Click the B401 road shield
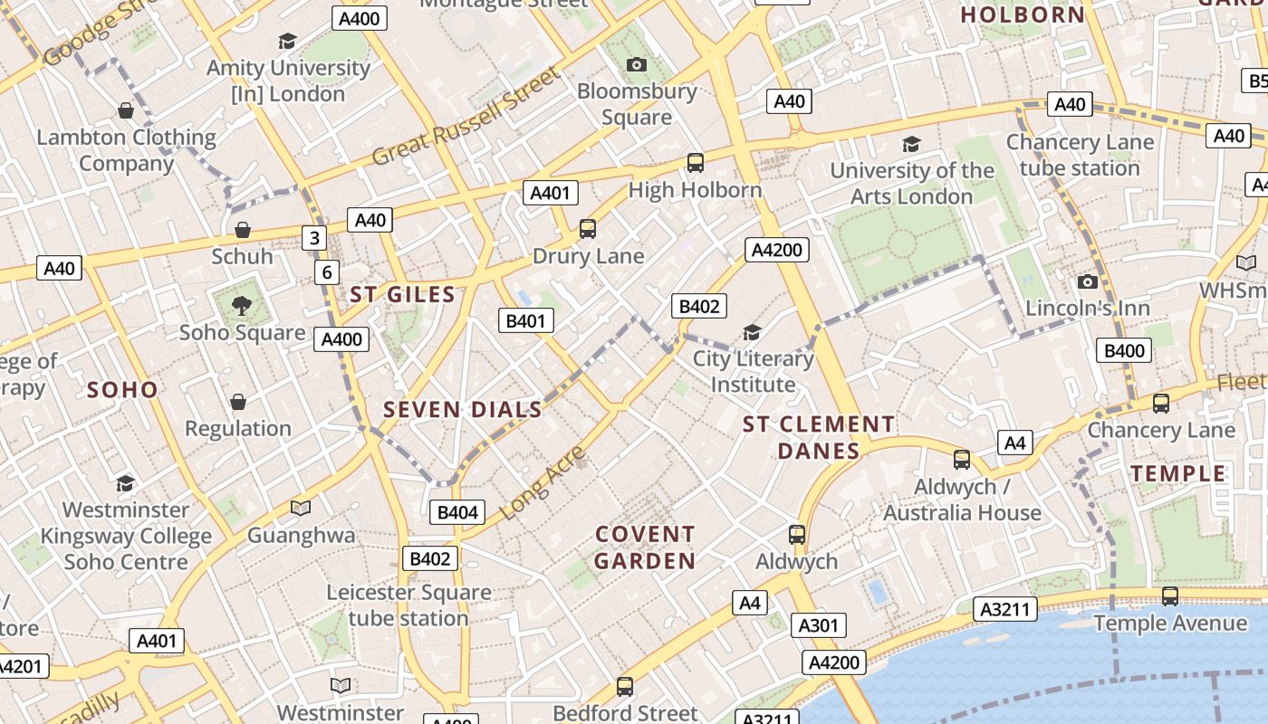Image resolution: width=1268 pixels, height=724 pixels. (525, 320)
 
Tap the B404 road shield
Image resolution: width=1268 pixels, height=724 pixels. (457, 512)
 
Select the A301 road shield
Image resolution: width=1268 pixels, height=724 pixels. (820, 625)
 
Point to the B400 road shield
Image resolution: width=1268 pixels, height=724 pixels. (1124, 350)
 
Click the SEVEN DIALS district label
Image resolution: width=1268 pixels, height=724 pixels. (463, 410)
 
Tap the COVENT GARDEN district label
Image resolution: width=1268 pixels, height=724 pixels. (645, 548)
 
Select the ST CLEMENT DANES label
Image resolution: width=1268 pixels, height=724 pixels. (819, 437)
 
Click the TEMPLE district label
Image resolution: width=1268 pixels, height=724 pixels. (1177, 473)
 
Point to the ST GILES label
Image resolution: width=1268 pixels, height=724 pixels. (402, 294)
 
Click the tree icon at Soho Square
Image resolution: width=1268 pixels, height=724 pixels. (241, 306)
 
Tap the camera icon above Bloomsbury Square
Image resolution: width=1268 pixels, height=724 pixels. (637, 64)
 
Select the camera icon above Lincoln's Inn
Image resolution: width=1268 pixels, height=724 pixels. (1088, 281)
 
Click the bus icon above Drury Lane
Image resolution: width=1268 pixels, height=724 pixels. (588, 229)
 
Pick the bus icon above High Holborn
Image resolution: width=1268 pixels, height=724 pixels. (696, 163)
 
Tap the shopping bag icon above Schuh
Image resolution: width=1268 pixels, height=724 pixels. (242, 230)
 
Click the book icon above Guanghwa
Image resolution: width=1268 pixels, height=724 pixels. (301, 508)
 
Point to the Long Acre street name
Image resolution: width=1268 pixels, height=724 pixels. (543, 482)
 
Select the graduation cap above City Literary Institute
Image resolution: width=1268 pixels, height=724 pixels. (752, 332)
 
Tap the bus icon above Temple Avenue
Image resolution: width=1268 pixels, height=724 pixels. (1170, 596)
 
